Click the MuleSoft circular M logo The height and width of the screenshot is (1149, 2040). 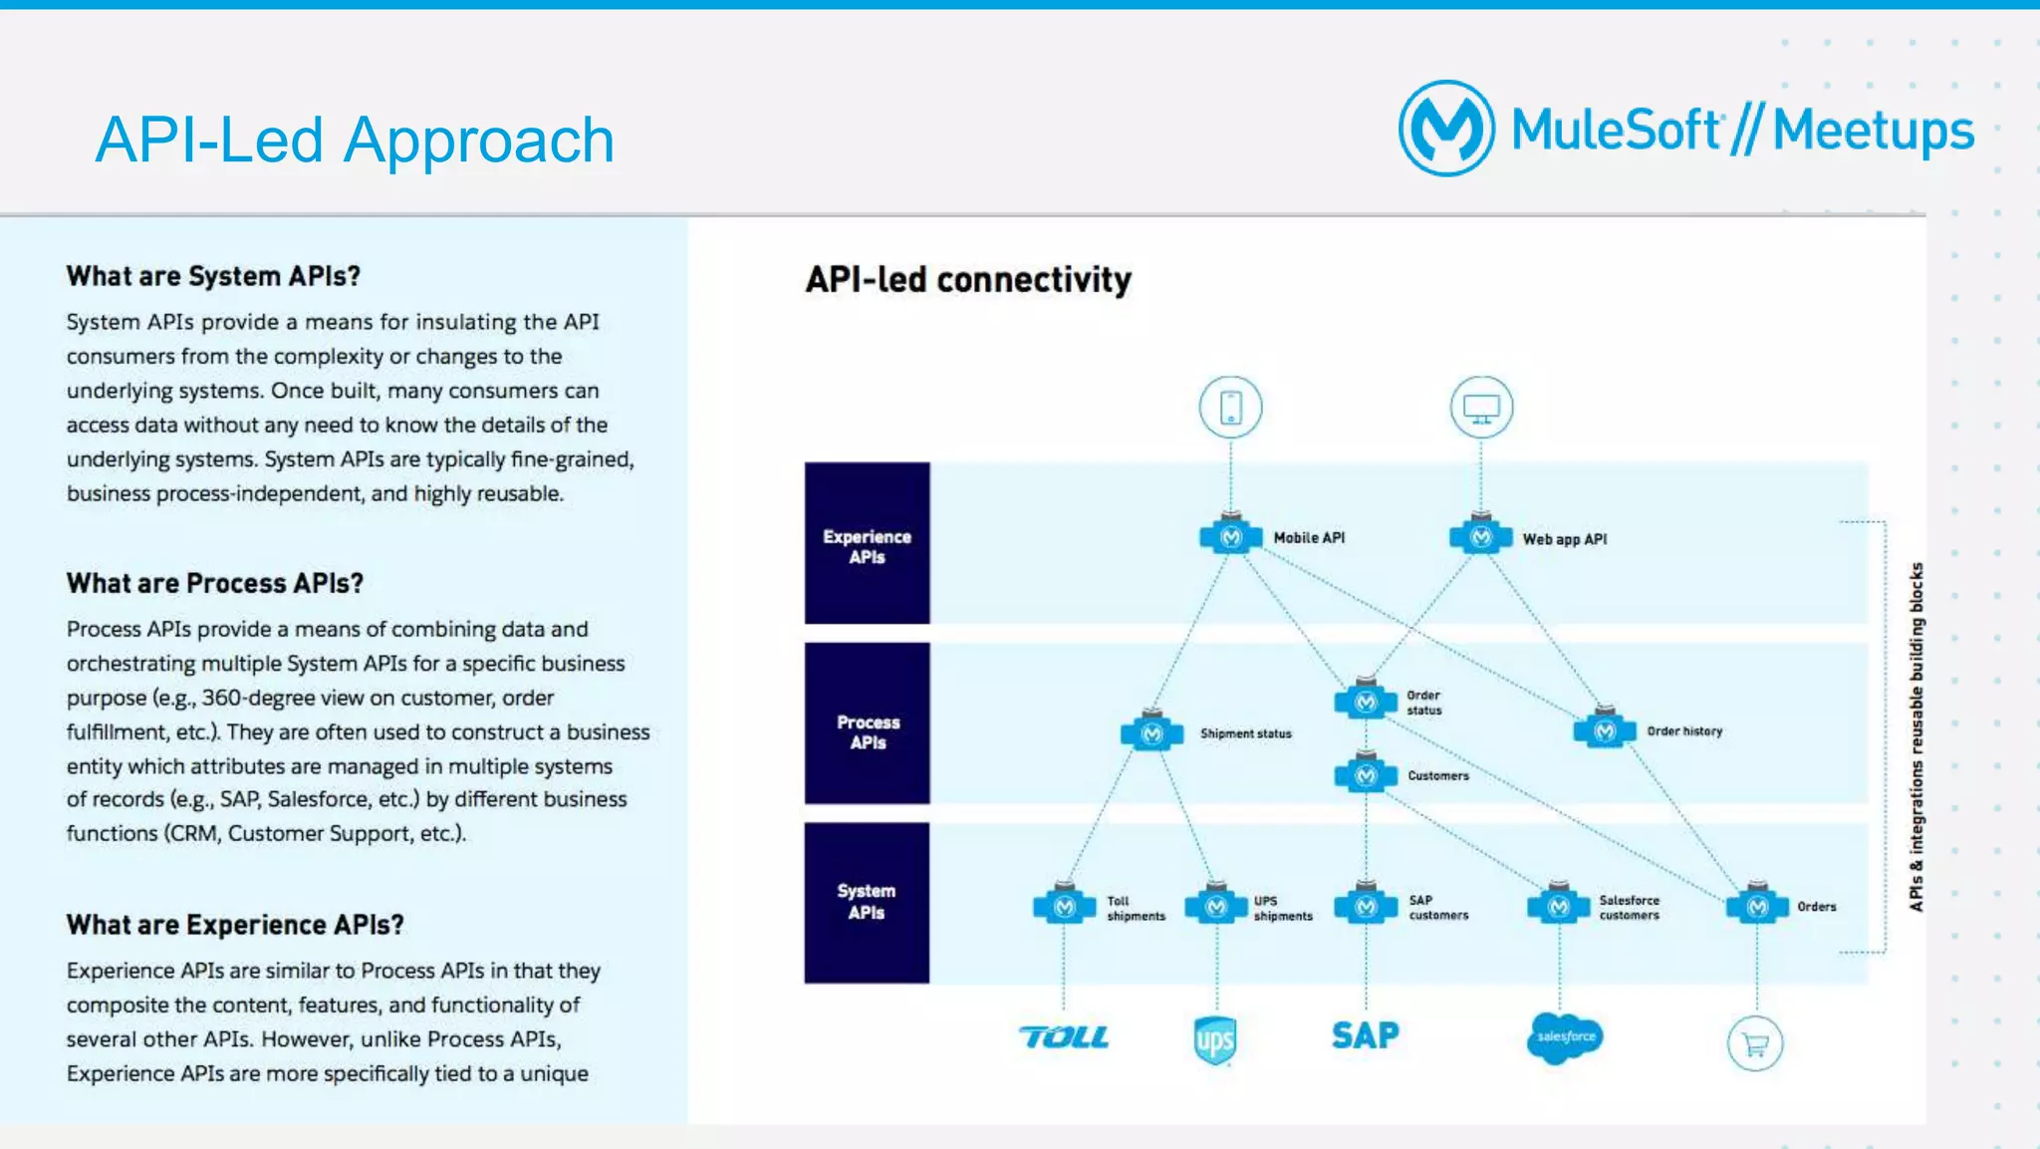click(x=1445, y=129)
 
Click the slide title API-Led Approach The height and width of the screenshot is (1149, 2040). click(x=355, y=140)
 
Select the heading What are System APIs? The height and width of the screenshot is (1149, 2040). click(x=213, y=276)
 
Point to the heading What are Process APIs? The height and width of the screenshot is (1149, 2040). click(x=215, y=583)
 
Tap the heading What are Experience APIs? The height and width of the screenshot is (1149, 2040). click(x=235, y=925)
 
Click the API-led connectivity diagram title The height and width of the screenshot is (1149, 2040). click(x=968, y=280)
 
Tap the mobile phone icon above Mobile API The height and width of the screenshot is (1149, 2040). click(x=1230, y=407)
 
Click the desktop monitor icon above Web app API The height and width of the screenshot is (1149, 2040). click(x=1481, y=407)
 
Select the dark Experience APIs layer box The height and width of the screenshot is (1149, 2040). click(x=867, y=544)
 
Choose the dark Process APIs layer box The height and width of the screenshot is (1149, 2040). click(x=867, y=724)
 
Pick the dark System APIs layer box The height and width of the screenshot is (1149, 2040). click(x=867, y=903)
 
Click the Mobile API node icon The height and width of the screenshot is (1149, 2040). click(x=1231, y=537)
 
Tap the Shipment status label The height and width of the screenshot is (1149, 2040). click(x=1245, y=733)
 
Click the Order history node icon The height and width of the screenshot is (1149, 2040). click(x=1604, y=730)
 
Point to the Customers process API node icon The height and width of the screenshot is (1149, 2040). click(x=1366, y=774)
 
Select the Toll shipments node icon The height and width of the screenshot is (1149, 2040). click(x=1064, y=907)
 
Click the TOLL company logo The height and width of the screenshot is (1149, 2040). click(x=1064, y=1037)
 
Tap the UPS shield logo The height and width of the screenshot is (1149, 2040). click(x=1215, y=1040)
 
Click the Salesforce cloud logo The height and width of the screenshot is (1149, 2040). click(x=1564, y=1037)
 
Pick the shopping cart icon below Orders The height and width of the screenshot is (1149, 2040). click(x=1754, y=1043)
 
